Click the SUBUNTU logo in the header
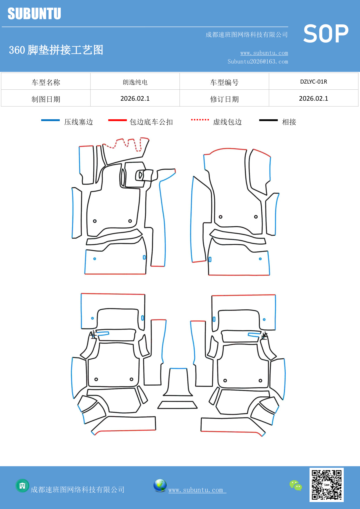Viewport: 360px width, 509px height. coord(34,14)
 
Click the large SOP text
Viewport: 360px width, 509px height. coord(326,34)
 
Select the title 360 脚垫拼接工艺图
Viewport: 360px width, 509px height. coord(56,50)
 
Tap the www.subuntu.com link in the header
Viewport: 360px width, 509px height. coord(264,53)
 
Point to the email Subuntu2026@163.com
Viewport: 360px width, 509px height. coord(258,62)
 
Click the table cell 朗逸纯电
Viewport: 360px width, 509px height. coord(135,82)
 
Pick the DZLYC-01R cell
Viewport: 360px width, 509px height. coord(313,82)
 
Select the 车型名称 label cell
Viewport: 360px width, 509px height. coord(46,82)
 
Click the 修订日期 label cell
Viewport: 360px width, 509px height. coord(224,99)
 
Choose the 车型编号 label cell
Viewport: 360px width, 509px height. coord(224,82)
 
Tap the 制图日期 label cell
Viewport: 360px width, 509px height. coord(46,99)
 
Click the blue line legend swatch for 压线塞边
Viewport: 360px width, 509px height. coord(50,120)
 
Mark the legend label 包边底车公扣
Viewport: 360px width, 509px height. coord(151,122)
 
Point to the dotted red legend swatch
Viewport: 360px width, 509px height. coord(200,120)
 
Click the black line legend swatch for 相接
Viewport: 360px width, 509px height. coord(268,120)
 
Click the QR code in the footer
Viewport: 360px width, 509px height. coord(326,485)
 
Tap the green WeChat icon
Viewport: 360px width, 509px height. coord(296,485)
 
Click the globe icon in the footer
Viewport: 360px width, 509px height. coord(160,485)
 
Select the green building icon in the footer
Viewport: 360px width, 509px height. coord(22,485)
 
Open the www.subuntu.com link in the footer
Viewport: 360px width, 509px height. coord(196,490)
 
